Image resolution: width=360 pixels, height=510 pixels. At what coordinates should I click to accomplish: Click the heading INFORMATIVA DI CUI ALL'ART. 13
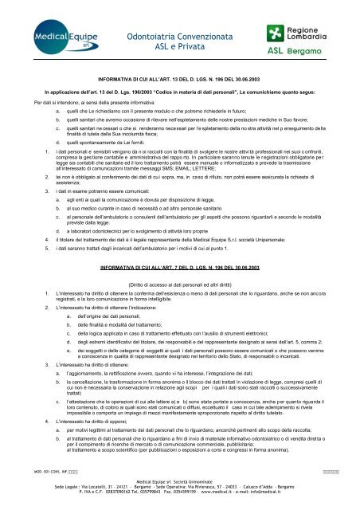(179, 80)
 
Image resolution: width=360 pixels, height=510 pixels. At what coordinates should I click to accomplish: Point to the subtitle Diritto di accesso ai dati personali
(179, 284)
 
